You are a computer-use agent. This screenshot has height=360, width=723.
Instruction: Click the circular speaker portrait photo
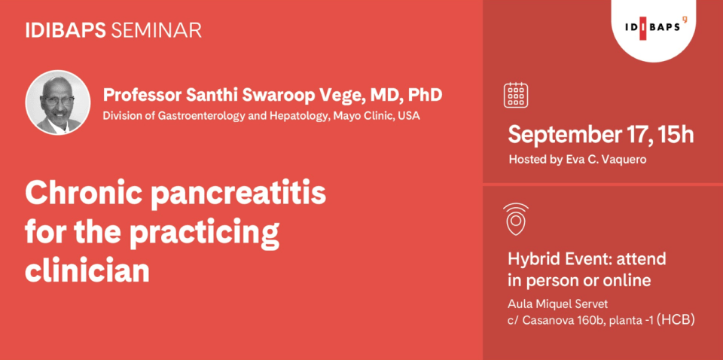(x=58, y=102)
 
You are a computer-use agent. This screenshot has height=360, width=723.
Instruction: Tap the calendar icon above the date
(x=516, y=95)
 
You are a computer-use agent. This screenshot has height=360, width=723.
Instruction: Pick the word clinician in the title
(x=87, y=270)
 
